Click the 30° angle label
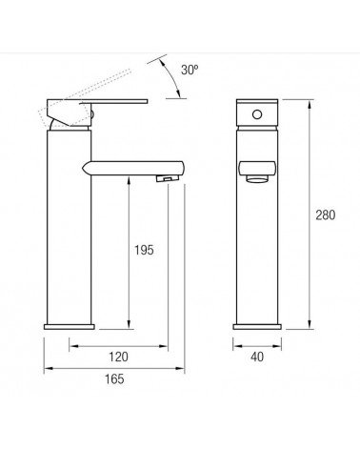tap(190, 70)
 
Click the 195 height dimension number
tap(144, 250)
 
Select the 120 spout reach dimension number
tap(118, 357)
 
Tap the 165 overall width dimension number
tap(114, 378)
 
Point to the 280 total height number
tap(326, 215)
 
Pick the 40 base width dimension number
tap(257, 357)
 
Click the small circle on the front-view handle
tap(257, 114)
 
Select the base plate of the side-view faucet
tap(70, 327)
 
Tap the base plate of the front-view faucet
tap(257, 327)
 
